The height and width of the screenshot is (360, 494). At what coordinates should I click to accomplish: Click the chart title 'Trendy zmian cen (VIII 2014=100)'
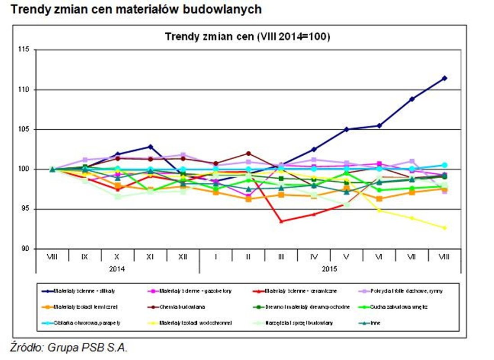tap(248, 36)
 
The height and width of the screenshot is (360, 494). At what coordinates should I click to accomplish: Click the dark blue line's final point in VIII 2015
tap(444, 78)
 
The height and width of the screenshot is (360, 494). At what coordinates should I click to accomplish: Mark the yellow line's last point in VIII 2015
tap(444, 228)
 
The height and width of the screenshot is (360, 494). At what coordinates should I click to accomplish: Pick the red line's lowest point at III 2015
tap(281, 221)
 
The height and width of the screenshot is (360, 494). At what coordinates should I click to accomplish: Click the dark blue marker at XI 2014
tap(150, 147)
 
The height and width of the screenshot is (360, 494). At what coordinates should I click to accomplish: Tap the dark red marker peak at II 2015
tap(248, 153)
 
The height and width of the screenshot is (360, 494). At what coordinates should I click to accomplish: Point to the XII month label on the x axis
tap(183, 256)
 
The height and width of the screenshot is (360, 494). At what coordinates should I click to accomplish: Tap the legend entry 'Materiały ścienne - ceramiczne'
tap(300, 291)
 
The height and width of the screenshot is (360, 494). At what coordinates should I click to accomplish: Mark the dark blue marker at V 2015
tap(346, 130)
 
